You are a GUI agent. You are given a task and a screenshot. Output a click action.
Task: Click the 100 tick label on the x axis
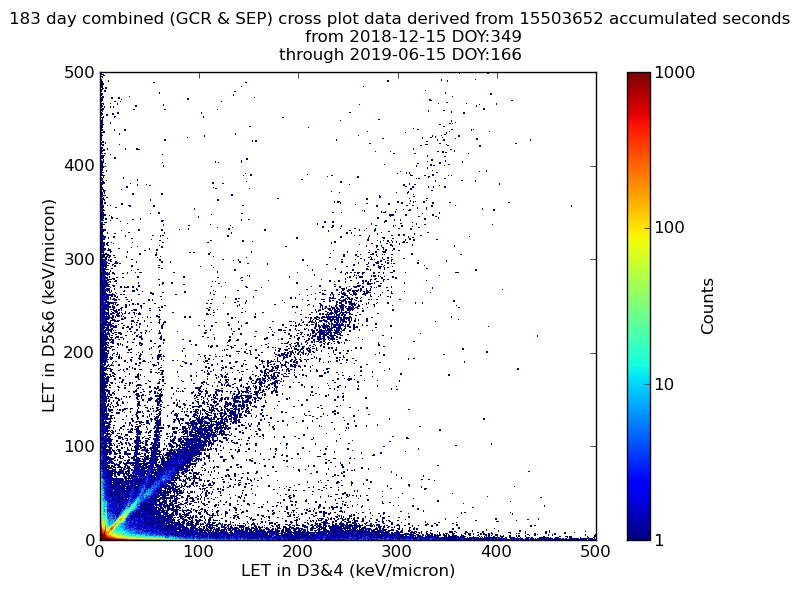pyautogui.click(x=199, y=551)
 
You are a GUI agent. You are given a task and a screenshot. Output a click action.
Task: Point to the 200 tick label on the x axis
pyautogui.click(x=298, y=551)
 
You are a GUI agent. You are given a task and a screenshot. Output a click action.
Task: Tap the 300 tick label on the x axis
pyautogui.click(x=397, y=551)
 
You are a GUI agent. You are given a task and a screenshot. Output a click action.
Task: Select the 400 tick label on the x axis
pyautogui.click(x=496, y=551)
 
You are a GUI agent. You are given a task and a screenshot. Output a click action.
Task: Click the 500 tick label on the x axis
pyautogui.click(x=595, y=551)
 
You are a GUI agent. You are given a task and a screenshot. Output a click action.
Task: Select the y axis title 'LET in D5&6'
pyautogui.click(x=49, y=305)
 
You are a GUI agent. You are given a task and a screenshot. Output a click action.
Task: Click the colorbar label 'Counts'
pyautogui.click(x=708, y=306)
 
